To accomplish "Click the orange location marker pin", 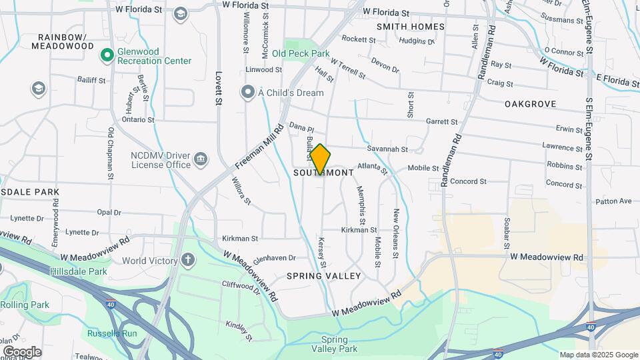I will point(320,159).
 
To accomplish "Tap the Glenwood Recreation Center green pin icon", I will point(106,55).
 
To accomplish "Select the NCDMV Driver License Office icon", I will point(200,159).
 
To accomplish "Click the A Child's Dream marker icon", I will point(249,91).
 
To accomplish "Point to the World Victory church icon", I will point(189,260).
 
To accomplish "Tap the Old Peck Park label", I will point(300,53).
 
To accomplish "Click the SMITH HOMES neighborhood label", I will point(410,27).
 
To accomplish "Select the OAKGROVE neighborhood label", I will point(530,104).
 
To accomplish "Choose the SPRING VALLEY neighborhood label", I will point(323,275).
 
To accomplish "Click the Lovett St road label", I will point(218,89).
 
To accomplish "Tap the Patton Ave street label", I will point(613,201).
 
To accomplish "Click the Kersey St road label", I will point(322,253).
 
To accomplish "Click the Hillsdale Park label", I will point(78,272).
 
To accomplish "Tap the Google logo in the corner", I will point(22,351).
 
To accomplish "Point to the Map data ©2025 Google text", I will point(598,355).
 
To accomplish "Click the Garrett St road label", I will point(441,122).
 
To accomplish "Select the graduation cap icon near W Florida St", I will point(180,14).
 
